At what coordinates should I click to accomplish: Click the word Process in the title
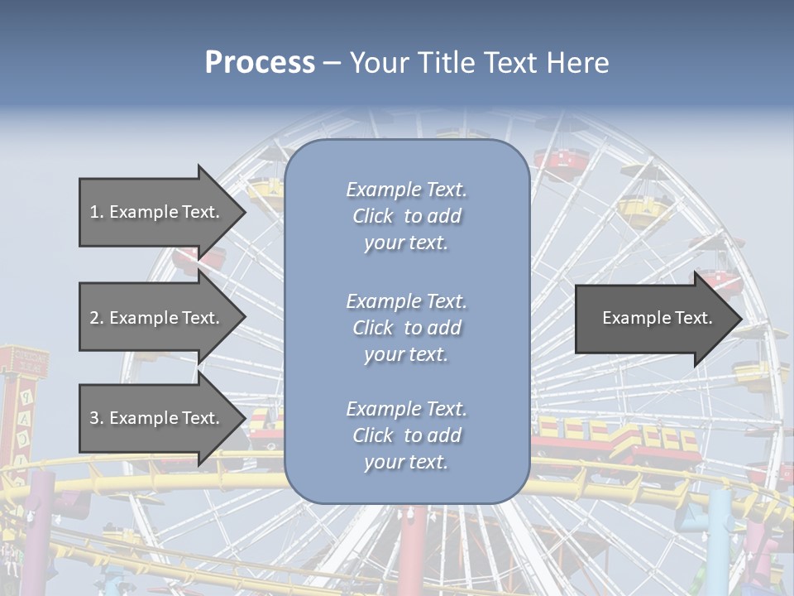260,63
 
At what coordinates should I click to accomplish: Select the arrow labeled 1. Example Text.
157,212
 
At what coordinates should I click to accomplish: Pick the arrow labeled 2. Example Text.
157,318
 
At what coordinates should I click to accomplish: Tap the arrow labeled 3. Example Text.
157,418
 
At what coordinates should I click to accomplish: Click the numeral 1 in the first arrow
94,212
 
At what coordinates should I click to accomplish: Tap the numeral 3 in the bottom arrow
94,418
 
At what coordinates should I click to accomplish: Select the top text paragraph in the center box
406,216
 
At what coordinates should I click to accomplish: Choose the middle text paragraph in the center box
406,328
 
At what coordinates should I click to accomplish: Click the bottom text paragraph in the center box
406,435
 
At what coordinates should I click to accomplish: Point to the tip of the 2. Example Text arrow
245,318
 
